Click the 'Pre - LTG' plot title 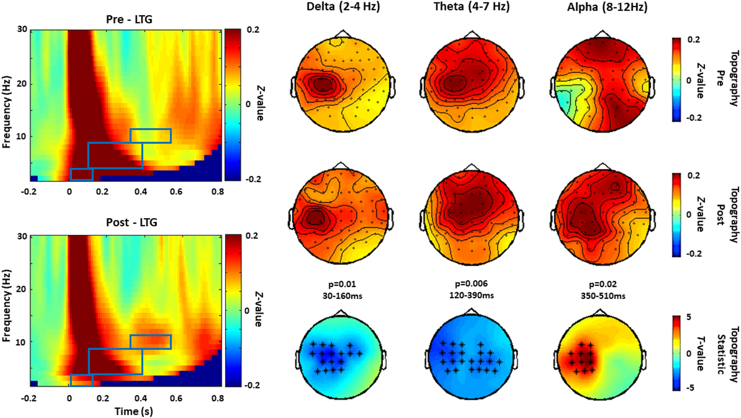129,20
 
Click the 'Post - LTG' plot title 131,222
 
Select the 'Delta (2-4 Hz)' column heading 343,7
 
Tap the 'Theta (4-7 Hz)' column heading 471,7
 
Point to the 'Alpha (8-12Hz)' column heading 607,7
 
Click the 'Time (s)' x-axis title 133,411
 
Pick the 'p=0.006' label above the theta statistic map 471,284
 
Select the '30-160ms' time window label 342,296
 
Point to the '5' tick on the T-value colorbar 688,317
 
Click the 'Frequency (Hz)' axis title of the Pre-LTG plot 6,111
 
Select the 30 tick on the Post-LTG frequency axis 22,236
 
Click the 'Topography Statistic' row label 728,354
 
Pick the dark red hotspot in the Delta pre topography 322,84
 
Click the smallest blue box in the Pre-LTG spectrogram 81,174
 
